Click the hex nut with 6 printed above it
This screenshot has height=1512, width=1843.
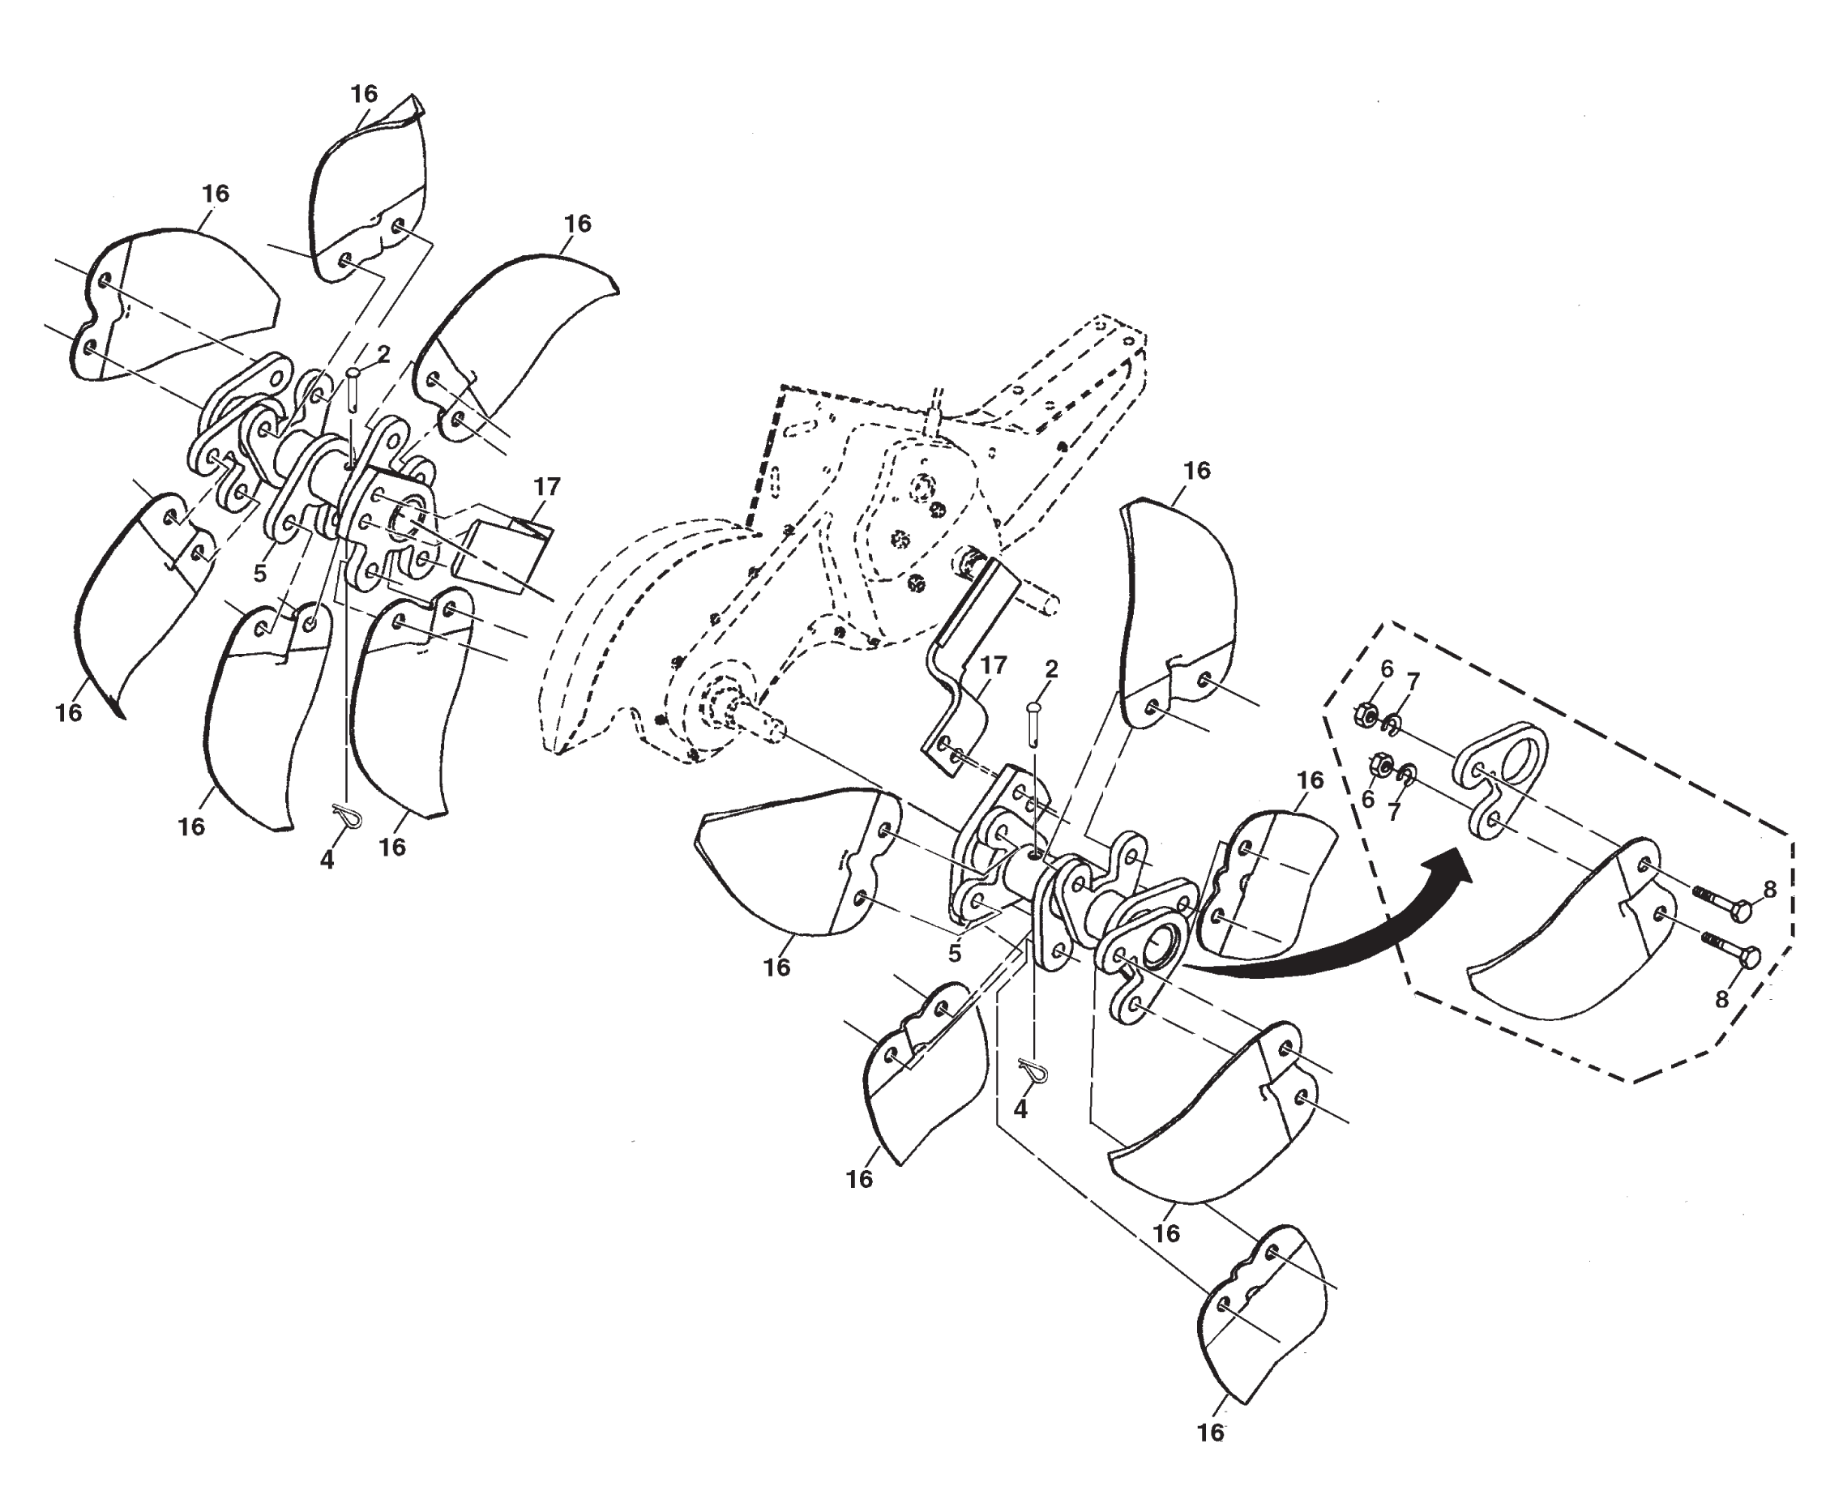[1366, 715]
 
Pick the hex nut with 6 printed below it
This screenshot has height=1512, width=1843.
[1379, 766]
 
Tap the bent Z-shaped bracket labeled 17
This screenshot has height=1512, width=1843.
[958, 671]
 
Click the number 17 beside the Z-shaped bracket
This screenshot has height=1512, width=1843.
[993, 664]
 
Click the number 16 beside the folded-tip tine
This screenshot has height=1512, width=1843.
[364, 93]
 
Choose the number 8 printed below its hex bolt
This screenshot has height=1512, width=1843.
[1721, 1000]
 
